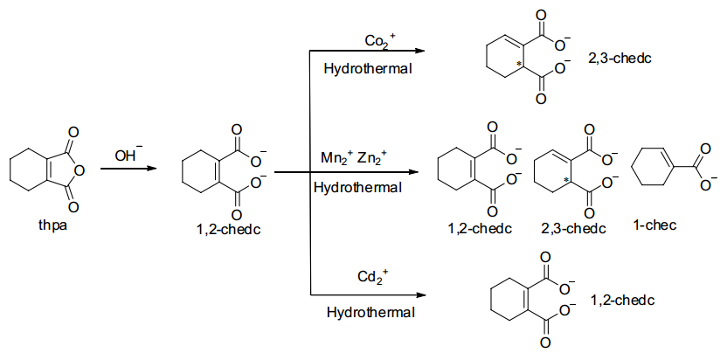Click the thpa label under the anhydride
(x=51, y=225)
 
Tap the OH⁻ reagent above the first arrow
(x=128, y=155)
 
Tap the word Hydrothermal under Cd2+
(x=370, y=312)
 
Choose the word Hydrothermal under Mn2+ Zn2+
(x=357, y=187)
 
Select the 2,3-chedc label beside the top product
(x=621, y=59)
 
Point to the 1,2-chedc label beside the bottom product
(x=622, y=300)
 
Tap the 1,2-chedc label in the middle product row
(x=479, y=229)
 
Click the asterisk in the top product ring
(x=519, y=65)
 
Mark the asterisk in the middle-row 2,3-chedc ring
(x=567, y=179)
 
